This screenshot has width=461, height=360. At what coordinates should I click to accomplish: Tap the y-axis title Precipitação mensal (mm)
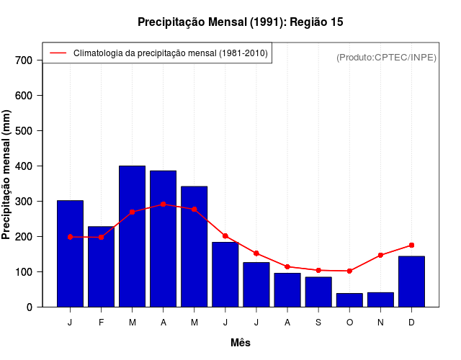[7, 175]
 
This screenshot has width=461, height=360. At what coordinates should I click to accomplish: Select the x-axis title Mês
[241, 343]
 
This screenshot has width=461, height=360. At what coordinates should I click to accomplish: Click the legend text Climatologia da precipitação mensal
[170, 53]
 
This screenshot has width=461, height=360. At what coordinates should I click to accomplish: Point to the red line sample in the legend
[58, 53]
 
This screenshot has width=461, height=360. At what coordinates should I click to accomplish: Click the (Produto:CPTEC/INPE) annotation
[386, 57]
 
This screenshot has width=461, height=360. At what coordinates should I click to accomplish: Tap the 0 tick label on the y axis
[30, 307]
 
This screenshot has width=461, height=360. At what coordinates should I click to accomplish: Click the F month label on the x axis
[101, 323]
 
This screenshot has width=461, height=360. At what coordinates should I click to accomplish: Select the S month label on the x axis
[318, 323]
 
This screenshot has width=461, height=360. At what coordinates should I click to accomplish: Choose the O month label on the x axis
[349, 323]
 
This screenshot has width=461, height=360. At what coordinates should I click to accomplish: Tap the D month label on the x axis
[411, 323]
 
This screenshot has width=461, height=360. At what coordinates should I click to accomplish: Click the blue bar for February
[101, 266]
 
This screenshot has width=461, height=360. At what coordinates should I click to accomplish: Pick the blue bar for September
[318, 292]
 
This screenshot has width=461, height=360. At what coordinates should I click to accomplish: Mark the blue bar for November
[380, 300]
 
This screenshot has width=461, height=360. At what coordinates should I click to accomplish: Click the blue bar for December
[411, 282]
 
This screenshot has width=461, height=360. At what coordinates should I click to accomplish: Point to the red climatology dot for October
[349, 271]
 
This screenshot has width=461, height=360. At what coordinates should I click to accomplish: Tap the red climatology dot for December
[411, 245]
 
